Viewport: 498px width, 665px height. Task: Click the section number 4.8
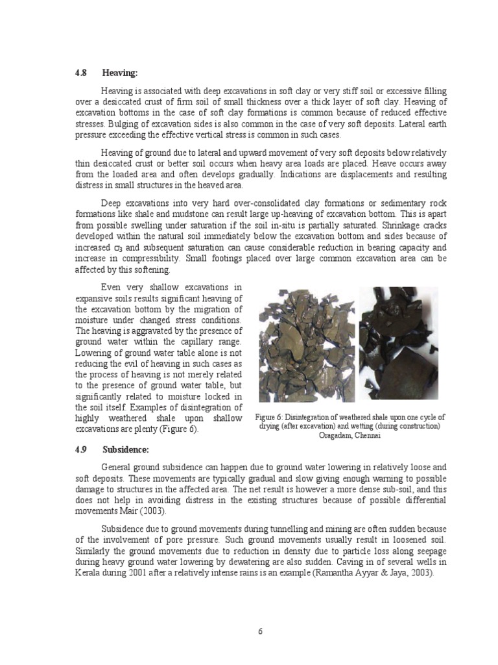pos(81,73)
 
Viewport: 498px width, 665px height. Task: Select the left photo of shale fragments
pos(307,347)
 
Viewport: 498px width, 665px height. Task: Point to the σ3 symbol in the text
pos(119,247)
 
